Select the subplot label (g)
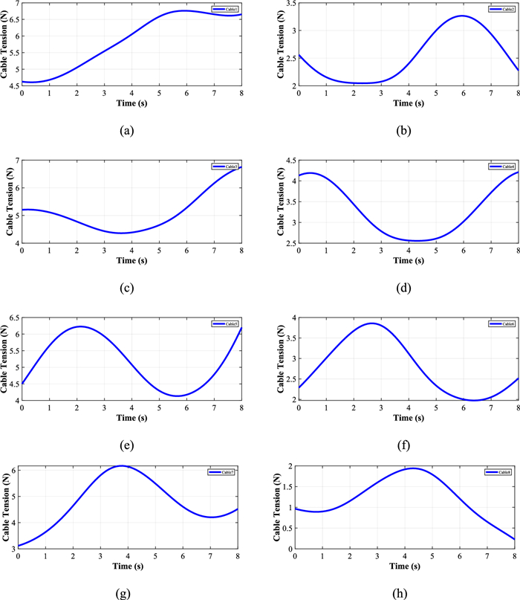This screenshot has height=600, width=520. tap(126, 585)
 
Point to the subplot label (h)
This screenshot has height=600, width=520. tap(403, 585)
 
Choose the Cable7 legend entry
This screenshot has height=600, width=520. tap(224, 472)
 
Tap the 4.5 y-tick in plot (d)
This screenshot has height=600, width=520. tap(287, 161)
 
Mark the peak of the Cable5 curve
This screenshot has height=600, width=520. tap(80, 326)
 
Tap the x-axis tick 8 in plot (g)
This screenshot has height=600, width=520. tap(237, 557)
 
